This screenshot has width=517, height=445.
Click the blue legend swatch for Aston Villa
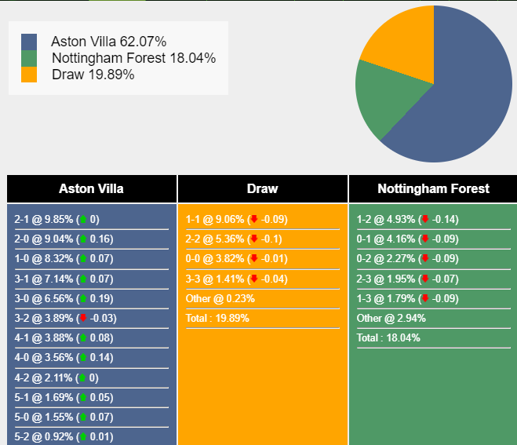(29, 42)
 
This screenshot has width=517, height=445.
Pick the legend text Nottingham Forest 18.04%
(133, 58)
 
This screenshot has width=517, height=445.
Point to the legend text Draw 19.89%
(93, 75)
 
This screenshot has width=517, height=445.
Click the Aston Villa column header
(91, 188)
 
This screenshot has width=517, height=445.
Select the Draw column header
(262, 188)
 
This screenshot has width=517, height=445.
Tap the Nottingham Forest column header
(433, 188)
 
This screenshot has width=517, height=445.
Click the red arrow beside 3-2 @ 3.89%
(82, 318)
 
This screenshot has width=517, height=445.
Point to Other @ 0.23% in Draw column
(220, 298)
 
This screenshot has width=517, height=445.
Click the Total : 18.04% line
(388, 337)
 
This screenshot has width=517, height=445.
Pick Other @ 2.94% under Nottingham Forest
(391, 318)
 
